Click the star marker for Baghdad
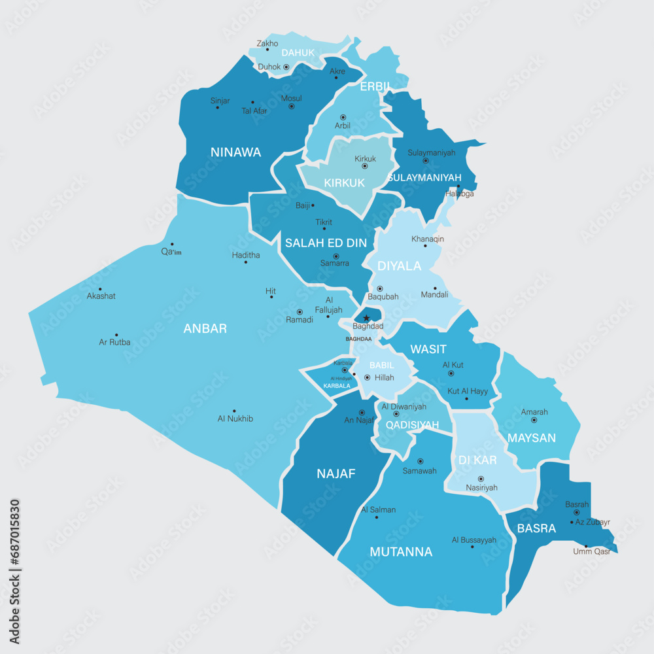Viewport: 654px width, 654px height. [366, 318]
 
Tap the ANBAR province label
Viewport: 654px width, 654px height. [205, 328]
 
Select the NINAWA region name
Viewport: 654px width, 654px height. [235, 152]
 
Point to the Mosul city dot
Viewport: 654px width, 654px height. [292, 106]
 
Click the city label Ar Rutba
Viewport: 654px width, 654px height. [114, 342]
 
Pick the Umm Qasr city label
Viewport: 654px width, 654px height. [591, 551]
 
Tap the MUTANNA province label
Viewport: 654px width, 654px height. [401, 552]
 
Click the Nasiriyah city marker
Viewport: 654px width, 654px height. [481, 479]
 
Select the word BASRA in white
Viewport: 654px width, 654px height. [536, 528]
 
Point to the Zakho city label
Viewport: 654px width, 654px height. [267, 44]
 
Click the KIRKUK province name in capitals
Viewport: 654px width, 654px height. [344, 183]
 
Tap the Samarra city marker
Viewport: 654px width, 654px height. [336, 256]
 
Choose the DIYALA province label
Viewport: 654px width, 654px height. [399, 266]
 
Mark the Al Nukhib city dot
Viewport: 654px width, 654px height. [234, 411]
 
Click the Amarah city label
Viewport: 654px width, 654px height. [534, 412]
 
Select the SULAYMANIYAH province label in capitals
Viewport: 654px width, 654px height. [424, 178]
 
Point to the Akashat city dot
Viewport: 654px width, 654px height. [100, 289]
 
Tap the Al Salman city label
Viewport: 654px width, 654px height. [378, 509]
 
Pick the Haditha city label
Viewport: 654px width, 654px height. [246, 255]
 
